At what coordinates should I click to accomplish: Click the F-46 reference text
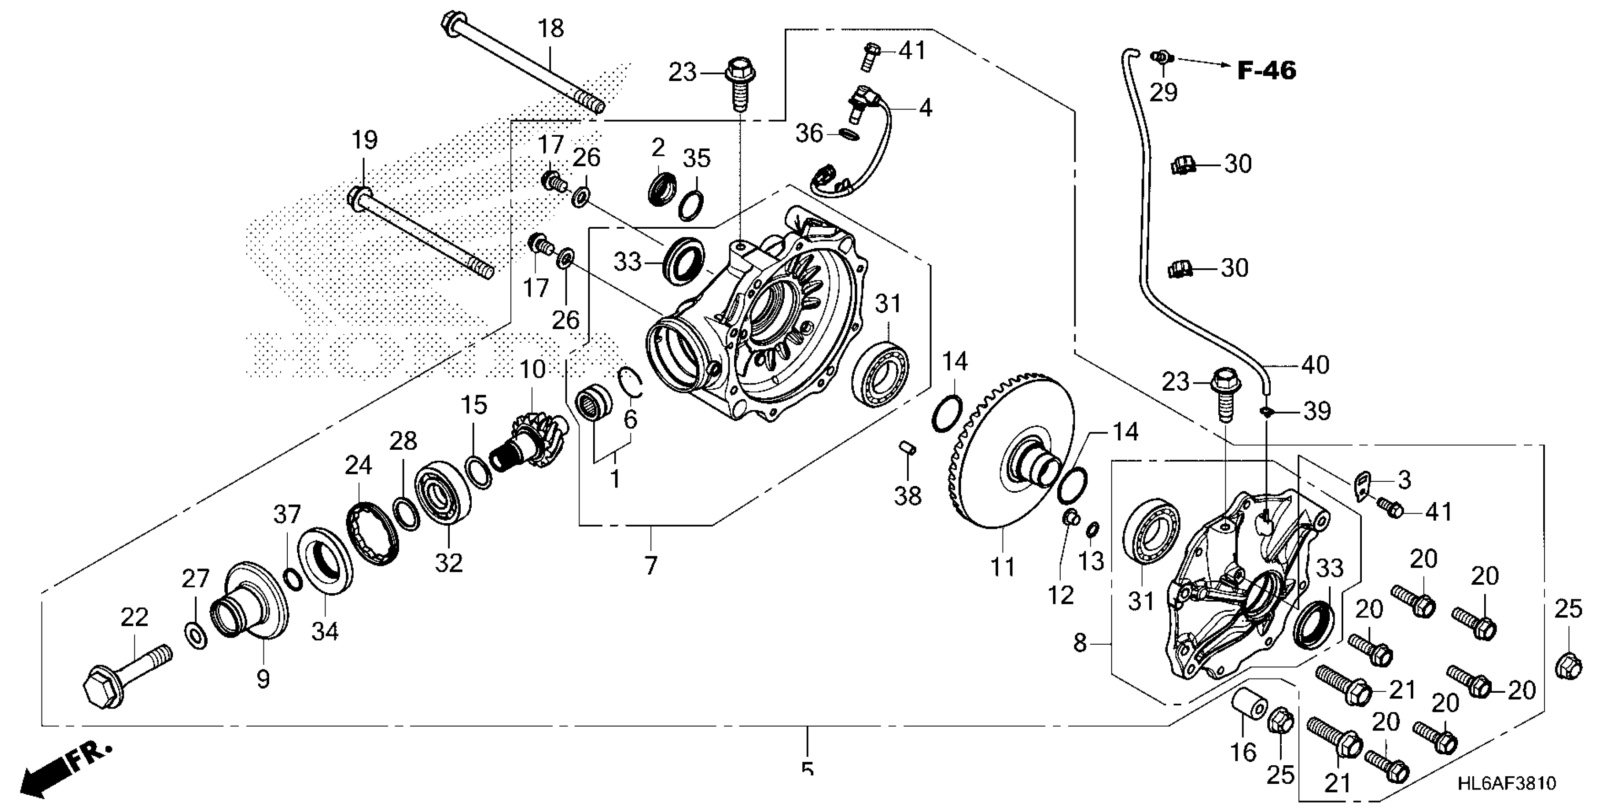coord(1266,71)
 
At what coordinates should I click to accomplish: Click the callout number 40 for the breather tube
coord(1315,365)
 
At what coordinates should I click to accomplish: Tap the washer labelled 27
coord(196,636)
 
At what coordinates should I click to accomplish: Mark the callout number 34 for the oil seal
coord(325,630)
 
